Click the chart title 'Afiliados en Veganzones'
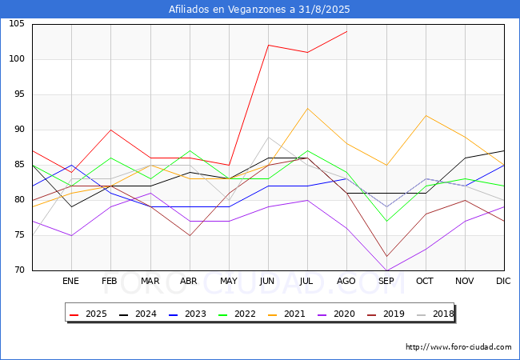click(x=259, y=10)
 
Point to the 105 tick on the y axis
click(x=17, y=24)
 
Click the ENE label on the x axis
click(x=71, y=282)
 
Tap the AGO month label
click(x=346, y=282)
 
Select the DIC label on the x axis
click(x=503, y=282)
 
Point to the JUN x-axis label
click(x=268, y=282)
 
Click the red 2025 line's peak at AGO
click(x=346, y=31)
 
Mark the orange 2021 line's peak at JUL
click(x=307, y=109)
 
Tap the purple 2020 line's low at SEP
click(x=386, y=270)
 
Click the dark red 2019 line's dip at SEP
click(x=386, y=256)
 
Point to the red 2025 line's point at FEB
click(x=110, y=130)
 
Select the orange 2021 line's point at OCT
click(x=425, y=116)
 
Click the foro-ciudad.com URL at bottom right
click(x=458, y=347)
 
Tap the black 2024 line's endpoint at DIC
click(x=503, y=150)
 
